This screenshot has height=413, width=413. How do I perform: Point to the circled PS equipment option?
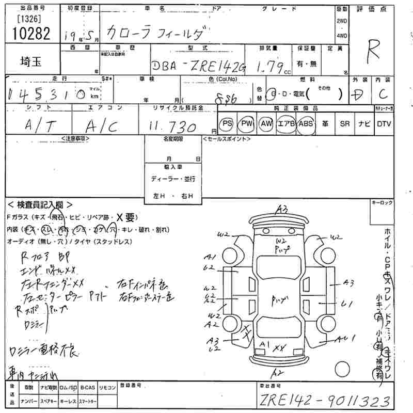(227, 124)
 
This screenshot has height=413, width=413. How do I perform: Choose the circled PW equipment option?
(246, 124)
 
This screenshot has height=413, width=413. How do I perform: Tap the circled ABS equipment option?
(306, 124)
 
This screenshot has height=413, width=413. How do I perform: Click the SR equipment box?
(345, 124)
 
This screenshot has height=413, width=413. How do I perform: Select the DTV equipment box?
(384, 124)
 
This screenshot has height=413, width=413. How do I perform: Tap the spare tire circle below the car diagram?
(343, 370)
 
